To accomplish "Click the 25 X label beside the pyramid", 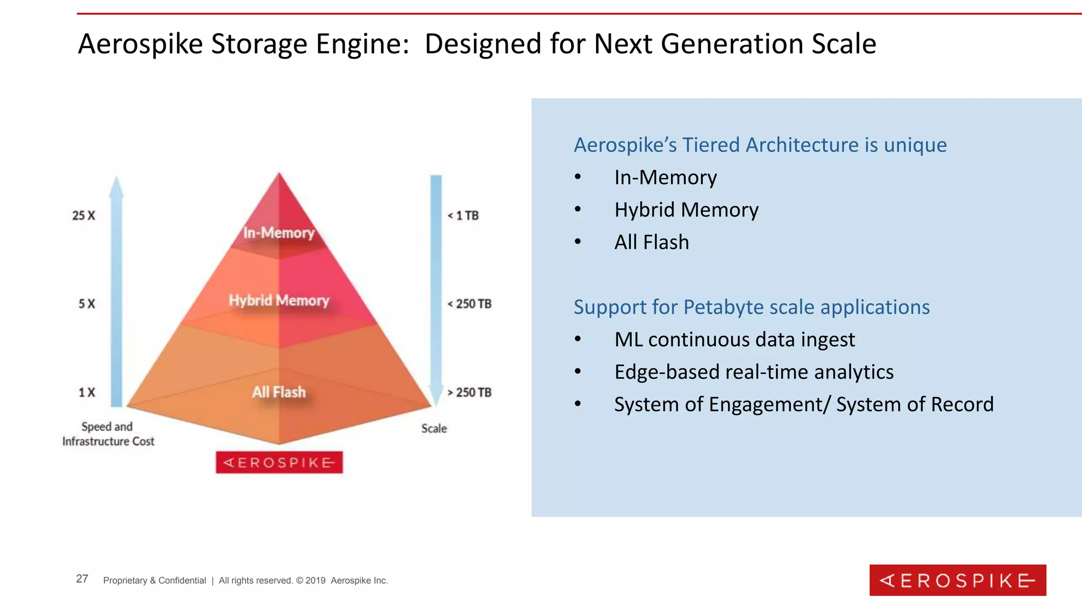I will tap(83, 215).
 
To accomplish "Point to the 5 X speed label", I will tap(87, 304).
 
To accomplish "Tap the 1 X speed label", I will tap(87, 392).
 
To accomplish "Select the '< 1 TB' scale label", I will tap(463, 215).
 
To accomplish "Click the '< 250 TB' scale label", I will tap(470, 304).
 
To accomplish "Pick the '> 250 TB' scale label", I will tap(470, 392).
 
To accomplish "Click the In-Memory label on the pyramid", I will tap(279, 233).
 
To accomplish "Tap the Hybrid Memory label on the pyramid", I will tap(279, 300).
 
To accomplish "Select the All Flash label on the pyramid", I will tap(279, 392).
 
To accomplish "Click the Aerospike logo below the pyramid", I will tap(279, 462).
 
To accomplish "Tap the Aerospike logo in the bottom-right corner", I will tap(957, 580).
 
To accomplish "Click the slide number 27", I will tap(82, 579).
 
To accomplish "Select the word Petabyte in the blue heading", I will tap(749, 307).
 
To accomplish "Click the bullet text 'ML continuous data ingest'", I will tap(734, 339).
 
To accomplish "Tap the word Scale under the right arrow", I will tap(434, 429).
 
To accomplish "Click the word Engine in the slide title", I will tap(362, 44).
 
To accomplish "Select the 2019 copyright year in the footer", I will tap(315, 581).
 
